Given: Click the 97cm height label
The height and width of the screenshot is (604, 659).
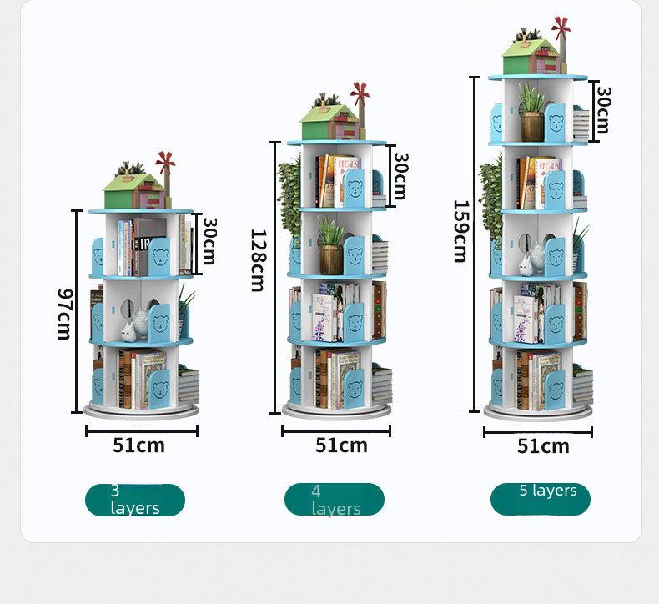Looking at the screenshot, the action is coord(65,314).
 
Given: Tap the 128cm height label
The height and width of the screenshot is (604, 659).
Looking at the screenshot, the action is coord(258,260).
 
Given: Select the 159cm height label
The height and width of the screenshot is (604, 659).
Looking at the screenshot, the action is coord(461,231).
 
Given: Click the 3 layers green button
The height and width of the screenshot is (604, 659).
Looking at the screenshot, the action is coord(135,500).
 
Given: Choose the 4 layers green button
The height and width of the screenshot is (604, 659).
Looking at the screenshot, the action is coord(335,500).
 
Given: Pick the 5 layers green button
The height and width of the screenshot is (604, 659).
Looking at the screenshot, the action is coord(541,499).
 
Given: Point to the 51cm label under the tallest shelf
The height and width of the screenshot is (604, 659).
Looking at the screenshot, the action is coord(543,446).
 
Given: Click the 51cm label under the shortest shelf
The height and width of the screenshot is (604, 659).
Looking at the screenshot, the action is coord(138,445).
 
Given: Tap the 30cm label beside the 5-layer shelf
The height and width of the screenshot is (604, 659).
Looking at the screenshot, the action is coord(603,110).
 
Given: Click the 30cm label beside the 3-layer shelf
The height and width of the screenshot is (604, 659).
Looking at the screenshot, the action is coord(209,241).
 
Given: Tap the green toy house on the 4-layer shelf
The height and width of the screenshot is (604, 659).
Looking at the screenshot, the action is coord(331,122).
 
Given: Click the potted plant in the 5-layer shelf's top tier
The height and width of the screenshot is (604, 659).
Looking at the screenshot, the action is coord(531,112).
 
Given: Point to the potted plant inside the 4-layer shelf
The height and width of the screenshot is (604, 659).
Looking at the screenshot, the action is coord(331,245).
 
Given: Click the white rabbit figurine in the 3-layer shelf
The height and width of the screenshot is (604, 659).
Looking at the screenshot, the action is coord(128,331).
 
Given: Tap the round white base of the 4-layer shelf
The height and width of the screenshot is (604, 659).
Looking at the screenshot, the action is coord(336,410).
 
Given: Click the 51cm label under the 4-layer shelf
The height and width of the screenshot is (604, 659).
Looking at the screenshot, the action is coord(341,445).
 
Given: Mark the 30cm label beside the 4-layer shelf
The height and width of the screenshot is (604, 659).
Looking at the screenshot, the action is coord(401,176).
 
